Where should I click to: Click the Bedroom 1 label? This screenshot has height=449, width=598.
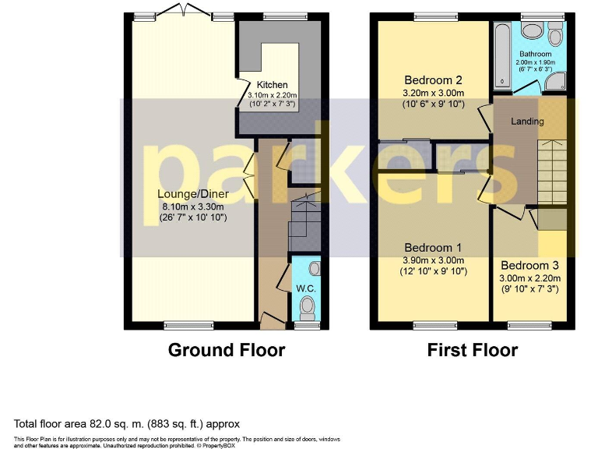tap(434, 247)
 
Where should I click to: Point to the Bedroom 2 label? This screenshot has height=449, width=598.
tap(434, 80)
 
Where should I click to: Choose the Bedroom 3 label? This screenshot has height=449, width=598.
tap(529, 264)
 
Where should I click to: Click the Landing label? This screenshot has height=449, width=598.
tap(527, 122)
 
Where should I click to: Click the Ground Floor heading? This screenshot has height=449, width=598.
tap(227, 350)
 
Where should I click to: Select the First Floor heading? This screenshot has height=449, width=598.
tap(473, 350)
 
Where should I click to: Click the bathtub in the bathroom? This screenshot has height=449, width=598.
tap(501, 54)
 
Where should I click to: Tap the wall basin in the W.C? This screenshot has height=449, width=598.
tap(313, 269)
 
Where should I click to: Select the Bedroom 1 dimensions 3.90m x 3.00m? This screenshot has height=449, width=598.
tap(434, 260)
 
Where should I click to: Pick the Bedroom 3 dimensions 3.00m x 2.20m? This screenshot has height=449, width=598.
tap(529, 278)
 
